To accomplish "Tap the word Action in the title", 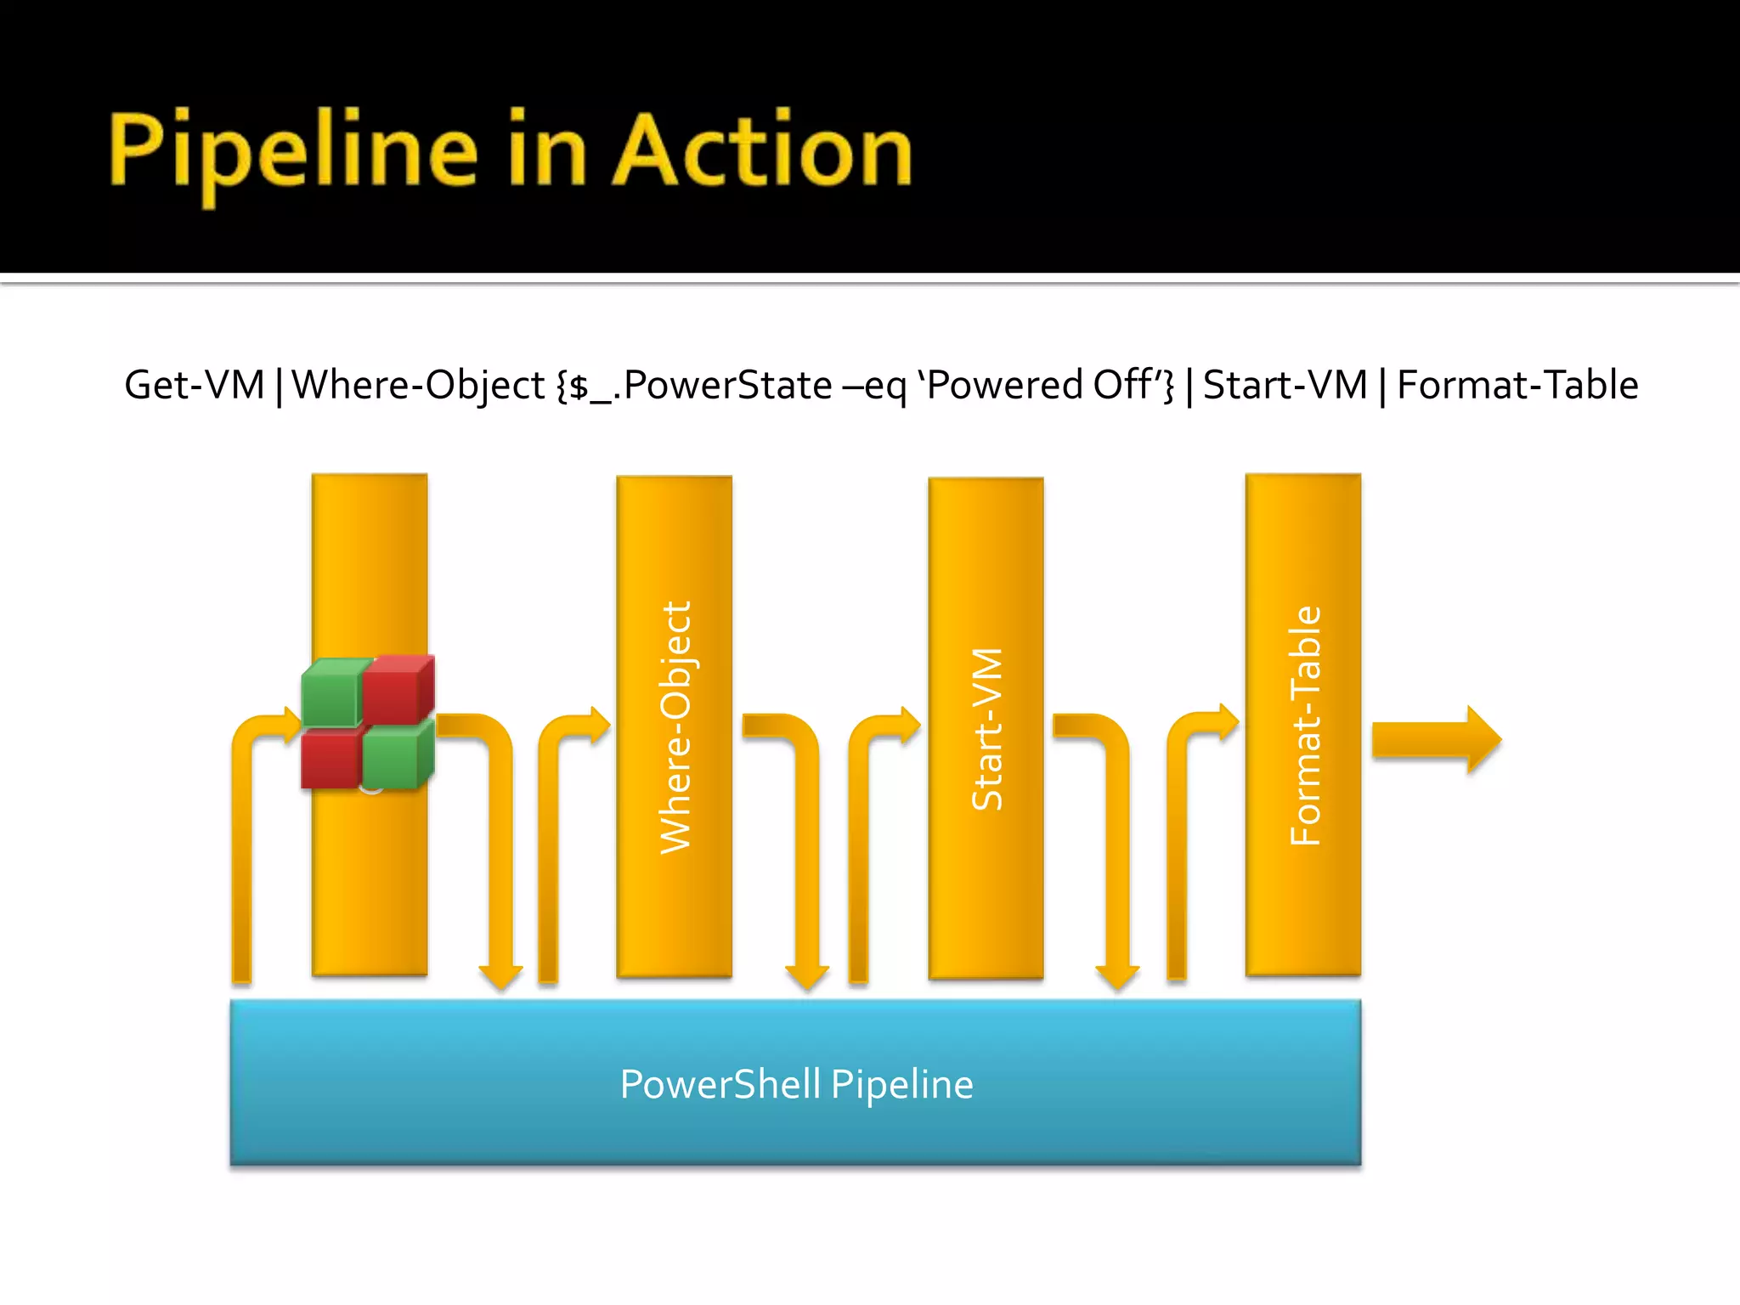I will [762, 151].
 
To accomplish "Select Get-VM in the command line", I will [195, 385].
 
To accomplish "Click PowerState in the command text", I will [727, 385].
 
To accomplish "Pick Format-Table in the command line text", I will [1517, 385].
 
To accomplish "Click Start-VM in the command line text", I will [1285, 385].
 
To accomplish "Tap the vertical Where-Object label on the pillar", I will [676, 727].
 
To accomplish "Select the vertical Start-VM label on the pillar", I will [987, 729].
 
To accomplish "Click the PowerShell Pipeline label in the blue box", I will [796, 1084].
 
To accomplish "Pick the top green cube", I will [333, 692].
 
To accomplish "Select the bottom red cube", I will [331, 759].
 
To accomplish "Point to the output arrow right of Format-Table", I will [1436, 739].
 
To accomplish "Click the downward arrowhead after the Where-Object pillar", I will [806, 975].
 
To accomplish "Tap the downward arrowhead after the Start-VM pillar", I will [1116, 975].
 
